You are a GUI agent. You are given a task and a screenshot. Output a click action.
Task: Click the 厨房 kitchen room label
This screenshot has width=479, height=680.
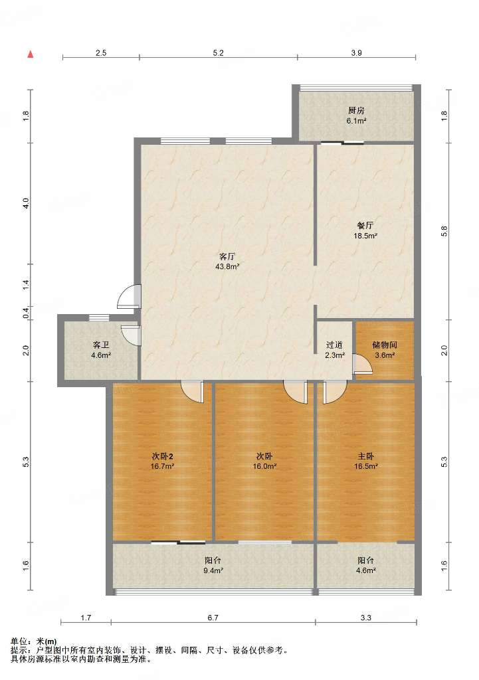[356, 111]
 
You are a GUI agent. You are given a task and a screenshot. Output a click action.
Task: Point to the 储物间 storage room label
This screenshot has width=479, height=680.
[385, 345]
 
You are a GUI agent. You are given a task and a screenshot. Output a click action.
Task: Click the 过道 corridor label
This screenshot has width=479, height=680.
[335, 345]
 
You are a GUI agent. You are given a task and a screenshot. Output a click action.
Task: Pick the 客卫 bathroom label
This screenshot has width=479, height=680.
[101, 345]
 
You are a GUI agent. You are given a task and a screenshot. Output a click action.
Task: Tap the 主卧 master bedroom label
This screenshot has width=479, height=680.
[366, 456]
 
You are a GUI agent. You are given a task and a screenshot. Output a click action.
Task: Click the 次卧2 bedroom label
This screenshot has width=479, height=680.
[163, 456]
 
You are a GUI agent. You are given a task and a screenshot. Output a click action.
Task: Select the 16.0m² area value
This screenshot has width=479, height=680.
[264, 467]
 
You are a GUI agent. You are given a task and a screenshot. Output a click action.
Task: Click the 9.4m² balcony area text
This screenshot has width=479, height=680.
[213, 570]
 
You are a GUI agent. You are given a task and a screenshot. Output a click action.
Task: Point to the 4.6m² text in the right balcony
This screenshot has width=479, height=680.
[366, 570]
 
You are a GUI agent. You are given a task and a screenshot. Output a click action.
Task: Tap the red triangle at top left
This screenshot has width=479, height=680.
[31, 54]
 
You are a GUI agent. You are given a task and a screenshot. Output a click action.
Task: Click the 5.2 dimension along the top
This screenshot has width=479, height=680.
[219, 53]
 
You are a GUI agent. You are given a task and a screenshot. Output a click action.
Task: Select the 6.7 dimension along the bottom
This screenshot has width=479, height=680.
[213, 618]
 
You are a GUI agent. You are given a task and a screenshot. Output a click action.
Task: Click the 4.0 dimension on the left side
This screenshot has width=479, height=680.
[26, 203]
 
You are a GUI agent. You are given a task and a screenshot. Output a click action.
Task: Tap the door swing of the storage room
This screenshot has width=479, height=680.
[363, 365]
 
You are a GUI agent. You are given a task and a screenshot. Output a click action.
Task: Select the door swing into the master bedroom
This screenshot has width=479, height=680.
[334, 393]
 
